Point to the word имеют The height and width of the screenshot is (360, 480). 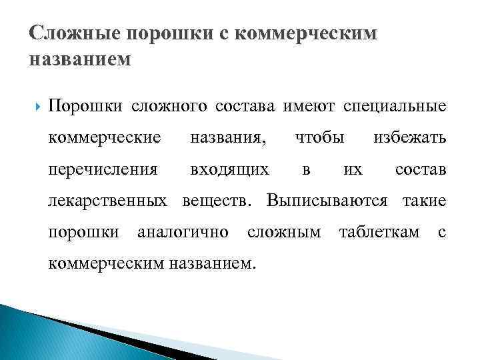tap(309, 106)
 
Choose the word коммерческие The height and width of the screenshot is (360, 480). tap(105, 138)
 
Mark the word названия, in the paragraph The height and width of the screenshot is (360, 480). tap(227, 138)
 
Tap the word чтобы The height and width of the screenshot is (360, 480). tap(319, 138)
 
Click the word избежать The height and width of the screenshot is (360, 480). tap(409, 138)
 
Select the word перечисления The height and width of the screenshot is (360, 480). tap(103, 170)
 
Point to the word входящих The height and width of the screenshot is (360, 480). tap(229, 170)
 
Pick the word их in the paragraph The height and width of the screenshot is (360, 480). tap(353, 170)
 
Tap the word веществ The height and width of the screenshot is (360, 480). tap(217, 201)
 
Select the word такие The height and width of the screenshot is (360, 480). tap(424, 201)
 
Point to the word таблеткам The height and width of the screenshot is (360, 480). tap(379, 233)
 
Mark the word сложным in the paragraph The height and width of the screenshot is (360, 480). tap(283, 233)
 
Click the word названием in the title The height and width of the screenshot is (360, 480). tap(81, 59)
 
